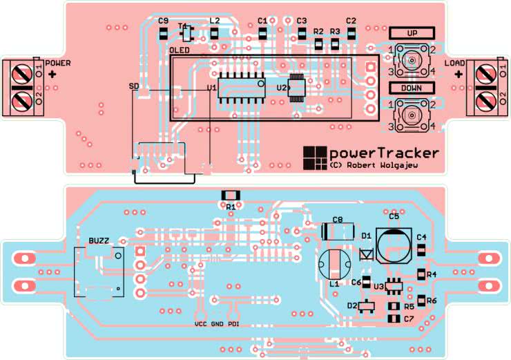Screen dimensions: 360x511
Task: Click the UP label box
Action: pos(412,33)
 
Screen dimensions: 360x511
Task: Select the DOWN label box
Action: pos(412,88)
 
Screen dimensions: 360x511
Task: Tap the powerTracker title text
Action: pos(383,153)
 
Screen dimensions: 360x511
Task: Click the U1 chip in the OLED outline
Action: pos(241,87)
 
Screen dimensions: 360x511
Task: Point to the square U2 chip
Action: pos(298,88)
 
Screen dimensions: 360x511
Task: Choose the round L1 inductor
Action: pos(334,264)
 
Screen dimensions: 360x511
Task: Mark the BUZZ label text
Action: pos(99,240)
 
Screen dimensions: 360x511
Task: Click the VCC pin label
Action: pos(200,323)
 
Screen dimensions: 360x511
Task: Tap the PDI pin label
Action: pos(234,323)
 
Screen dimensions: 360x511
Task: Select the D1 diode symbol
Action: pos(367,254)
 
